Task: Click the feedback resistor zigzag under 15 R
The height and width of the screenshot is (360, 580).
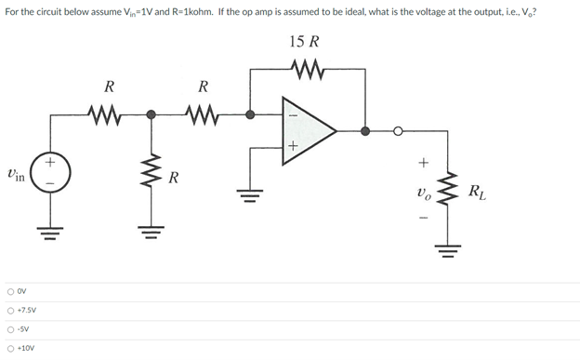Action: [305, 70]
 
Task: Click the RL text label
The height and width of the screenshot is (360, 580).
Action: [476, 193]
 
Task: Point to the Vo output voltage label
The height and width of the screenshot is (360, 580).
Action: [423, 193]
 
